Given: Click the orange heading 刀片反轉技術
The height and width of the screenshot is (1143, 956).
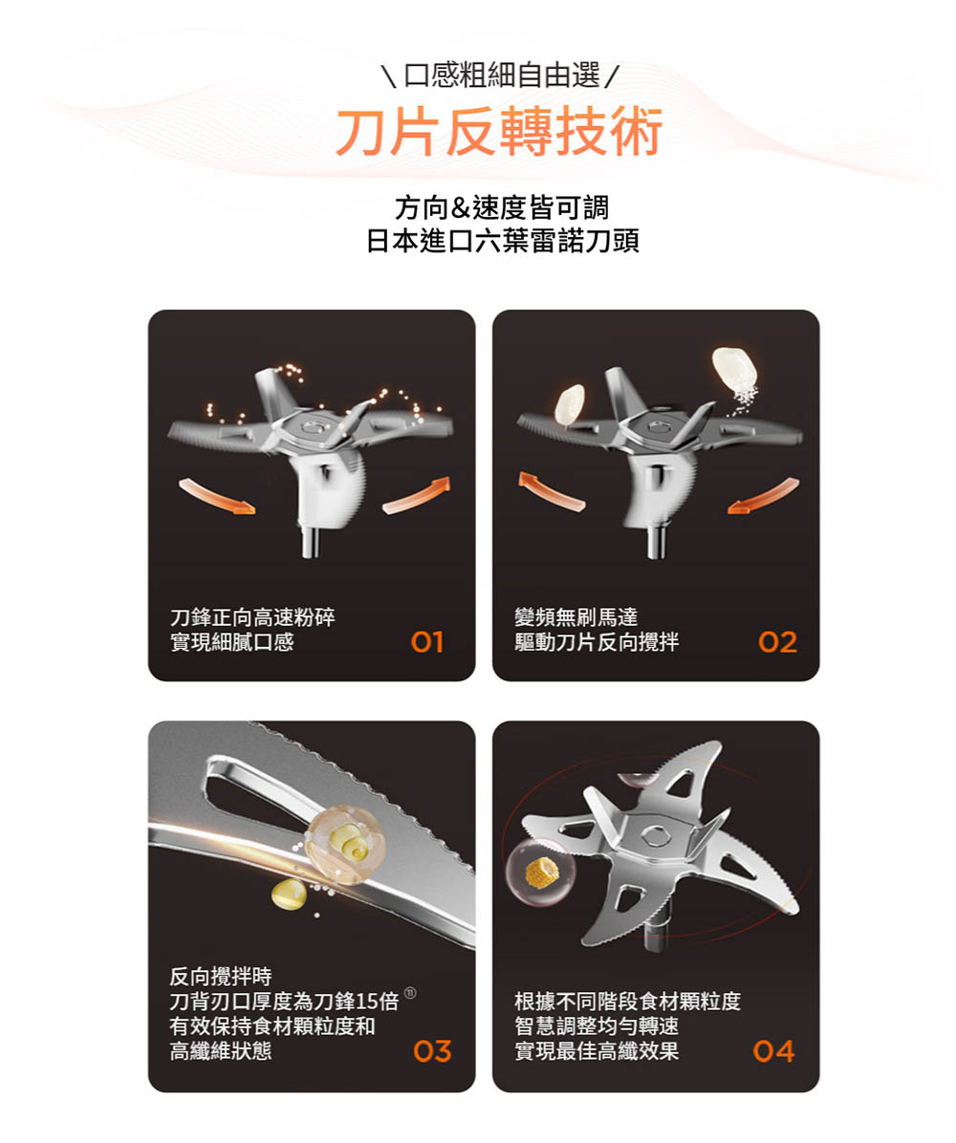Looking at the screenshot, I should coord(498,133).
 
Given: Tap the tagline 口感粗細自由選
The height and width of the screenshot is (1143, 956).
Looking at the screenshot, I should coord(498,73).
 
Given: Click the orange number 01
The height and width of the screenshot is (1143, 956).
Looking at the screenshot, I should coord(427,643).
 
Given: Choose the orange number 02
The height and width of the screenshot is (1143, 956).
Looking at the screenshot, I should coord(776,643).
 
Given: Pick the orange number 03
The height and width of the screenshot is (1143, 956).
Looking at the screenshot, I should coord(432,1053).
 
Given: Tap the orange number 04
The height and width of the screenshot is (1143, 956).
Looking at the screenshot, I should coord(773,1053).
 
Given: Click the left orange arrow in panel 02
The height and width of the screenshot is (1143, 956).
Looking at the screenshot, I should coord(554,488).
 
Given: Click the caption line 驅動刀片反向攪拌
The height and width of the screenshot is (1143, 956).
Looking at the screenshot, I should coord(597,642).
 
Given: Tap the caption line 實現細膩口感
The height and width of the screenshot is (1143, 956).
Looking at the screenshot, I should coord(231,642).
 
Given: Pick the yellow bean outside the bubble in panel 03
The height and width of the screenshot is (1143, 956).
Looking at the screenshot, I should coord(290,895).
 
